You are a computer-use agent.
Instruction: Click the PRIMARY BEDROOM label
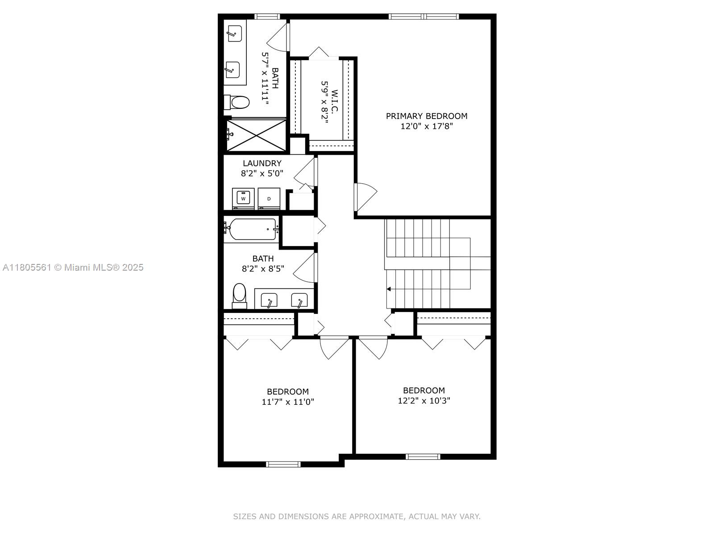tap(426, 116)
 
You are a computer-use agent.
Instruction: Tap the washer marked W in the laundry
tap(243, 198)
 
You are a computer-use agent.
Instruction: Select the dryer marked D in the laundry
tap(269, 198)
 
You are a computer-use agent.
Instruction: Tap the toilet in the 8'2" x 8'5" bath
tap(240, 295)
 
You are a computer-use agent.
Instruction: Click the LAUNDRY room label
tap(262, 163)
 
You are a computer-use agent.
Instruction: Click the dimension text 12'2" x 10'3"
tap(423, 400)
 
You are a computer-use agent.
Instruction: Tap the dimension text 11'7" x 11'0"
tap(288, 402)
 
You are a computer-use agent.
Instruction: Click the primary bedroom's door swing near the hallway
tap(365, 196)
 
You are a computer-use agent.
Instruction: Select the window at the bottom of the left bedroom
tap(283, 464)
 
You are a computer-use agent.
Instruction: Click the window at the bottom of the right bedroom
tap(423, 456)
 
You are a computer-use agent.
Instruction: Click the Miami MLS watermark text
tap(73, 267)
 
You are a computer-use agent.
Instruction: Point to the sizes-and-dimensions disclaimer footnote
tap(357, 516)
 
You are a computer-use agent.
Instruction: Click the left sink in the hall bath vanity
tap(269, 300)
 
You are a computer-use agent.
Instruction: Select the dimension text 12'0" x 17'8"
tap(426, 126)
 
